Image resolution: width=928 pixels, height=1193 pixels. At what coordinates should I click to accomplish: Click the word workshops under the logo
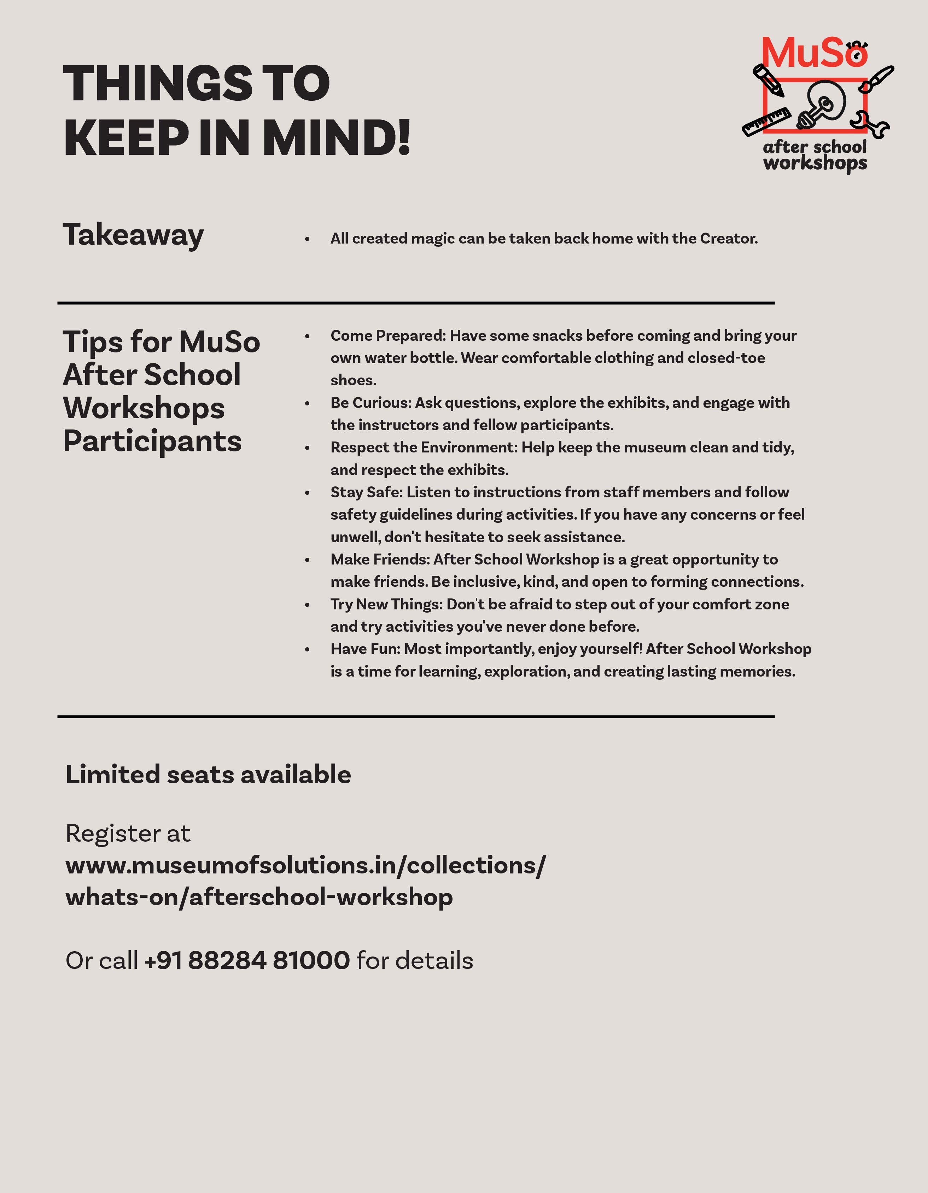[x=815, y=163]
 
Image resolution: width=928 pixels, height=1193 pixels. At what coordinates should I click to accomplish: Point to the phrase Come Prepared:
[x=388, y=335]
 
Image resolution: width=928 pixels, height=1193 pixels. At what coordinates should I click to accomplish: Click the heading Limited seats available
[x=208, y=774]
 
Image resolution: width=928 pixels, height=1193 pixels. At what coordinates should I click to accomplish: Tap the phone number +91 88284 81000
[x=247, y=960]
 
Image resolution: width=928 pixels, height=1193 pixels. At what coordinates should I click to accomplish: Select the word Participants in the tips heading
[x=152, y=441]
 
